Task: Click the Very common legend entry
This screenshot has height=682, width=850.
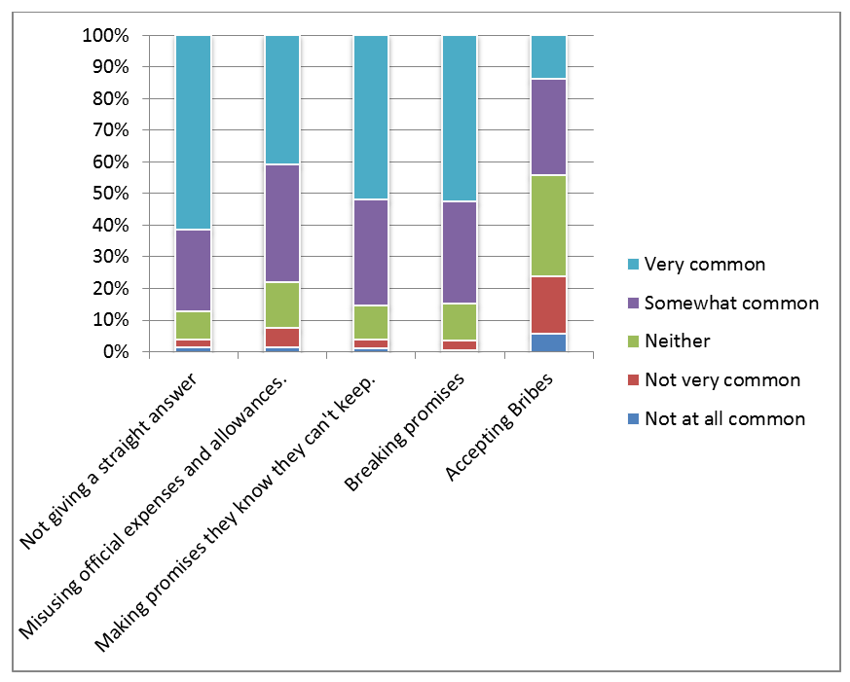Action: coord(705,265)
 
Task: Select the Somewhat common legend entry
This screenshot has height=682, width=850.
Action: coord(731,303)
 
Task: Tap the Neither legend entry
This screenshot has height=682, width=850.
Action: coord(678,341)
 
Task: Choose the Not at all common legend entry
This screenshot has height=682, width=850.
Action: coord(724,419)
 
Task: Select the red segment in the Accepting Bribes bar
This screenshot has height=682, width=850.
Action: coord(548,305)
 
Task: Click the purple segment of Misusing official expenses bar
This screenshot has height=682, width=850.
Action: coord(282,223)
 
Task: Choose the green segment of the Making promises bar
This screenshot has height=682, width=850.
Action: coord(371,322)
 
